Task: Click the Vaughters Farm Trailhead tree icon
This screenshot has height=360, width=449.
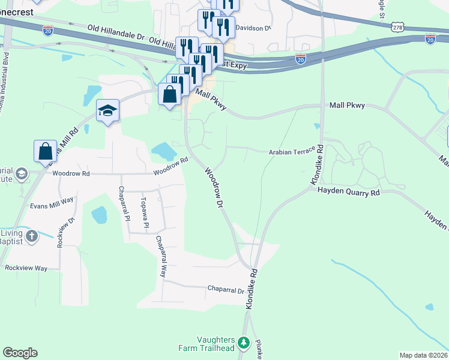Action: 243,343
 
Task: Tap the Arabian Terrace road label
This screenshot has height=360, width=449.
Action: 291,152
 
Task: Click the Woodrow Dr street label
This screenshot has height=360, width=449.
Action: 214,188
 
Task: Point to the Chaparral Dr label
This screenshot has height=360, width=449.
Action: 226,290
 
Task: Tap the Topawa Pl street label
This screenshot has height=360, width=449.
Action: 144,214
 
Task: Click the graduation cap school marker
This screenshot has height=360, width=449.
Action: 108,110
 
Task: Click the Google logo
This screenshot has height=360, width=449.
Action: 20,353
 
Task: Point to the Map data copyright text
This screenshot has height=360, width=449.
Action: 423,355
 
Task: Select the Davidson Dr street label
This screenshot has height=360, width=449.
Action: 254,28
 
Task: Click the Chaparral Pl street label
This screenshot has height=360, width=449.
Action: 124,204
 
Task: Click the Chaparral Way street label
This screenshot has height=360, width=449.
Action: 161,256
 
